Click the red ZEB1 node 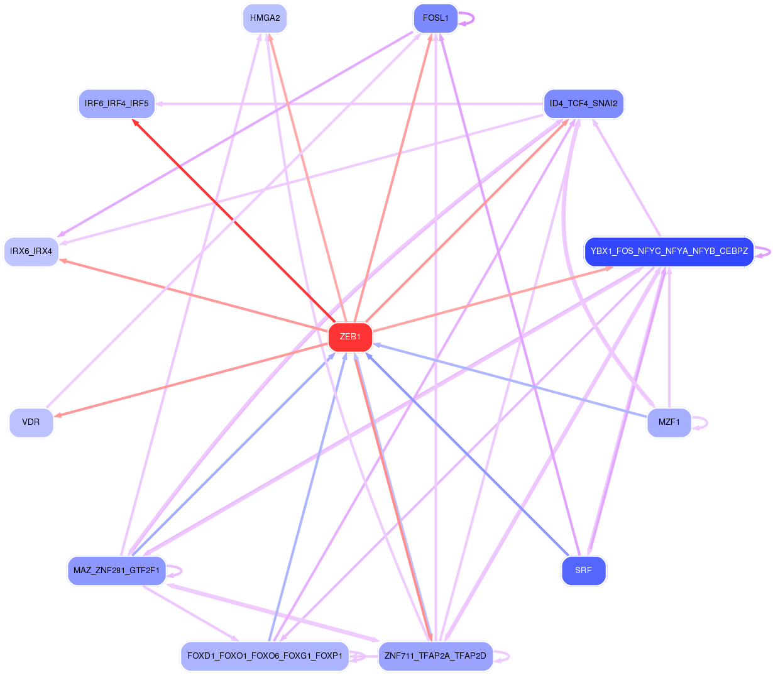coord(350,337)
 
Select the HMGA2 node coord(265,18)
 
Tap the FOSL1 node coord(436,18)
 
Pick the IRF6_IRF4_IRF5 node coord(117,104)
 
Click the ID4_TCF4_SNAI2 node coord(583,104)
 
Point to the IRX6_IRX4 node coord(31,251)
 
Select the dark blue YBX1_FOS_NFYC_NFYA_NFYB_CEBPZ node coord(669,251)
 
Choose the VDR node coord(31,422)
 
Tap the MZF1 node coord(669,422)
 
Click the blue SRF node coord(583,571)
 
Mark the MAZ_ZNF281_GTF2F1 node coord(117,571)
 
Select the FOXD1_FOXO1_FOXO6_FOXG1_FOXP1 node coord(265,656)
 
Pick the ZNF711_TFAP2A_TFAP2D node coord(436,656)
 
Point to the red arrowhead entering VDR coord(58,415)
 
